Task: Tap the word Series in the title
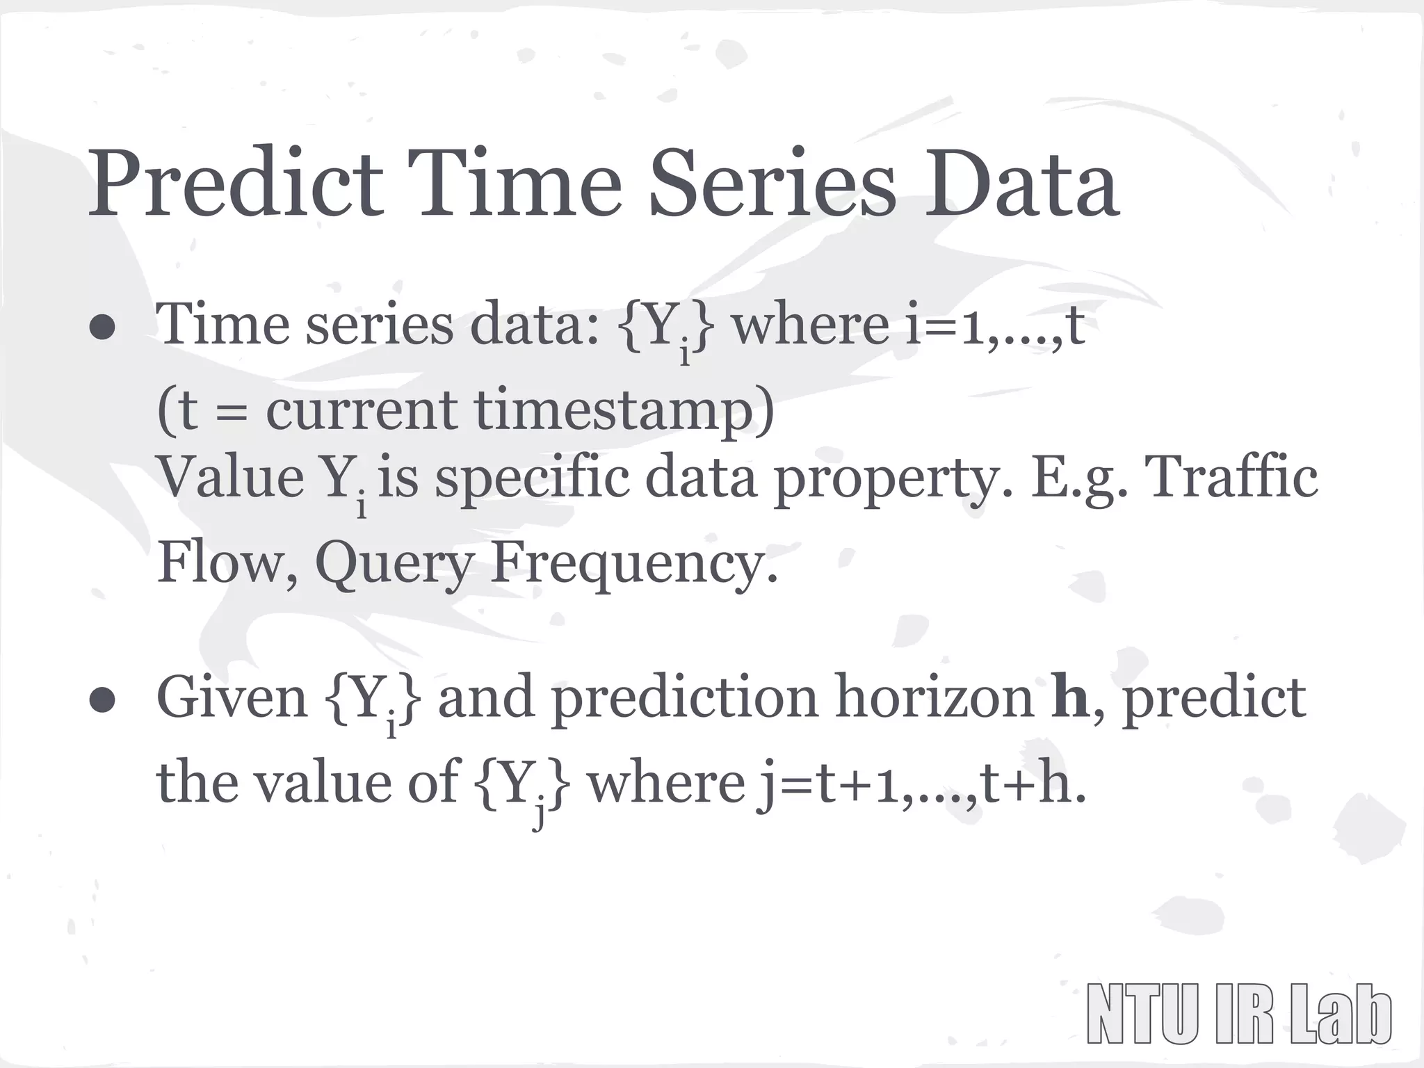(772, 183)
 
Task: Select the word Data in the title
(1022, 183)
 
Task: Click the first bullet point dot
(102, 330)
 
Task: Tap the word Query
(394, 563)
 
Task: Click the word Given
(231, 698)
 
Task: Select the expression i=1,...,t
(995, 325)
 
